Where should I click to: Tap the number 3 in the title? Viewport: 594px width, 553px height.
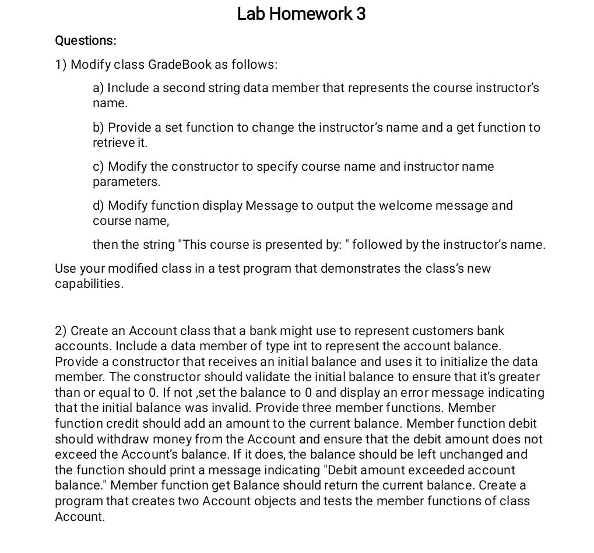(361, 14)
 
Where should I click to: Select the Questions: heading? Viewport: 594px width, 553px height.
(86, 41)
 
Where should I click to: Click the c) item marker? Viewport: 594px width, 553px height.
(99, 167)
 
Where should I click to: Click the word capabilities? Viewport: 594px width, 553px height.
(89, 284)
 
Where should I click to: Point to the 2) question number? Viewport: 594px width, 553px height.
(61, 331)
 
